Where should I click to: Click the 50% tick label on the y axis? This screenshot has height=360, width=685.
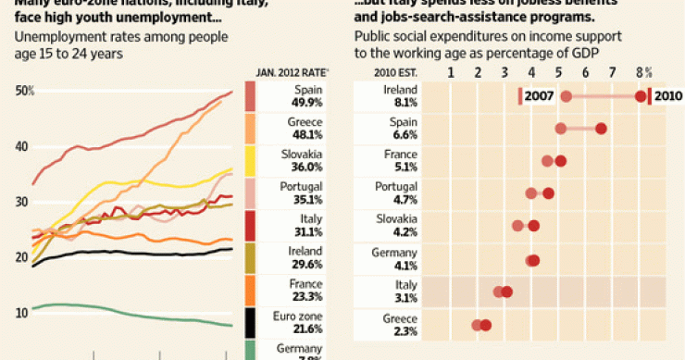[25, 91]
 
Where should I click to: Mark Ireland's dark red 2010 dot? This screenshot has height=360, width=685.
[641, 96]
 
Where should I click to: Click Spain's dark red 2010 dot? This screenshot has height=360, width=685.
[601, 129]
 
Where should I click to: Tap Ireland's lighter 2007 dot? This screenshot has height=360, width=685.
[566, 96]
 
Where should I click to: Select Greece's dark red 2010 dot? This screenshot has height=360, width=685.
[485, 324]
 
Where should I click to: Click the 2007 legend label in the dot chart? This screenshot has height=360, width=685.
[539, 96]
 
